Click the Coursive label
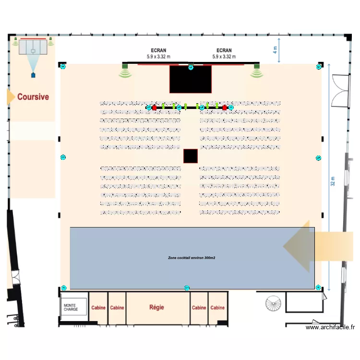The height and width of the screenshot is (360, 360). (33, 97)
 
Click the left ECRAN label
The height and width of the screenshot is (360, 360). (158, 50)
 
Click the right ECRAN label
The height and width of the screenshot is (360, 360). (224, 50)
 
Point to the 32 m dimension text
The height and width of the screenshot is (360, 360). (332, 180)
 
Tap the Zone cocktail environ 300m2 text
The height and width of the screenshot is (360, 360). (192, 258)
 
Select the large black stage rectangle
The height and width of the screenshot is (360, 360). (191, 79)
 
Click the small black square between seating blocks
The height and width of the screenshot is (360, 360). (191, 156)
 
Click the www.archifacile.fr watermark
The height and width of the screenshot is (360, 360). (331, 327)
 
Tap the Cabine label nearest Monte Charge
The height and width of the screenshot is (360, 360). (98, 308)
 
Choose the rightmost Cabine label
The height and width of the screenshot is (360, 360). (217, 308)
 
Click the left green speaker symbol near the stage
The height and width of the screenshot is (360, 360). (125, 72)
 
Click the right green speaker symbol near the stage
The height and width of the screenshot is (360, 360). (256, 72)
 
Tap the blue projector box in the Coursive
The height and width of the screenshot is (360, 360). (33, 75)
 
